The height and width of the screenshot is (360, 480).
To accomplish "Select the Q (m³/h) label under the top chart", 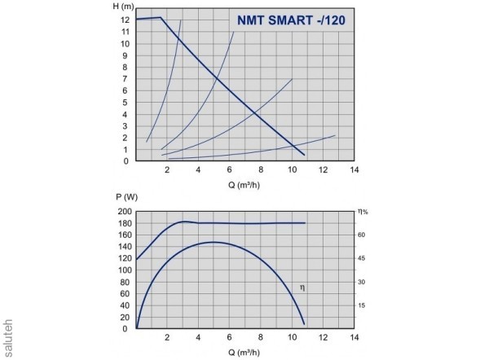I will [245, 185].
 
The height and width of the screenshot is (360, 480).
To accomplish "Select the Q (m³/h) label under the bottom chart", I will [245, 353].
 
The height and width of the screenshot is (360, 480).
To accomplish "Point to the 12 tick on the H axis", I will [126, 20].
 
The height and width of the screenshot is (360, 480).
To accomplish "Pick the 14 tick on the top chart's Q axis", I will [354, 170].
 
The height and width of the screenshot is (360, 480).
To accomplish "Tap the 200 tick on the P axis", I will [123, 212].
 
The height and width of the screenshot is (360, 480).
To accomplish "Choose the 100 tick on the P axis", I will [123, 270].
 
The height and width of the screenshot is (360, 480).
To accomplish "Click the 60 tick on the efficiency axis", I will [362, 235].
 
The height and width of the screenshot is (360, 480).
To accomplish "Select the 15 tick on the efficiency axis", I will [362, 305].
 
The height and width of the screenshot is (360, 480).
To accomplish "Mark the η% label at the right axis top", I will [363, 211].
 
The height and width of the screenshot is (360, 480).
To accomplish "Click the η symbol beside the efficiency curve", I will [302, 287].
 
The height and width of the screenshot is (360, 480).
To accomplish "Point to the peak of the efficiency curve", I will [214, 242].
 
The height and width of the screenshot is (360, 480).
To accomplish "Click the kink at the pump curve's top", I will [161, 17].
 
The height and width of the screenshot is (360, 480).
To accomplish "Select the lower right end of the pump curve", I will [305, 155].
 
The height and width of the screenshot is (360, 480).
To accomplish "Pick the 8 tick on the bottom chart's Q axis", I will [261, 338].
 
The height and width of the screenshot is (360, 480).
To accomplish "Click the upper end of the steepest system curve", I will [180, 20].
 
